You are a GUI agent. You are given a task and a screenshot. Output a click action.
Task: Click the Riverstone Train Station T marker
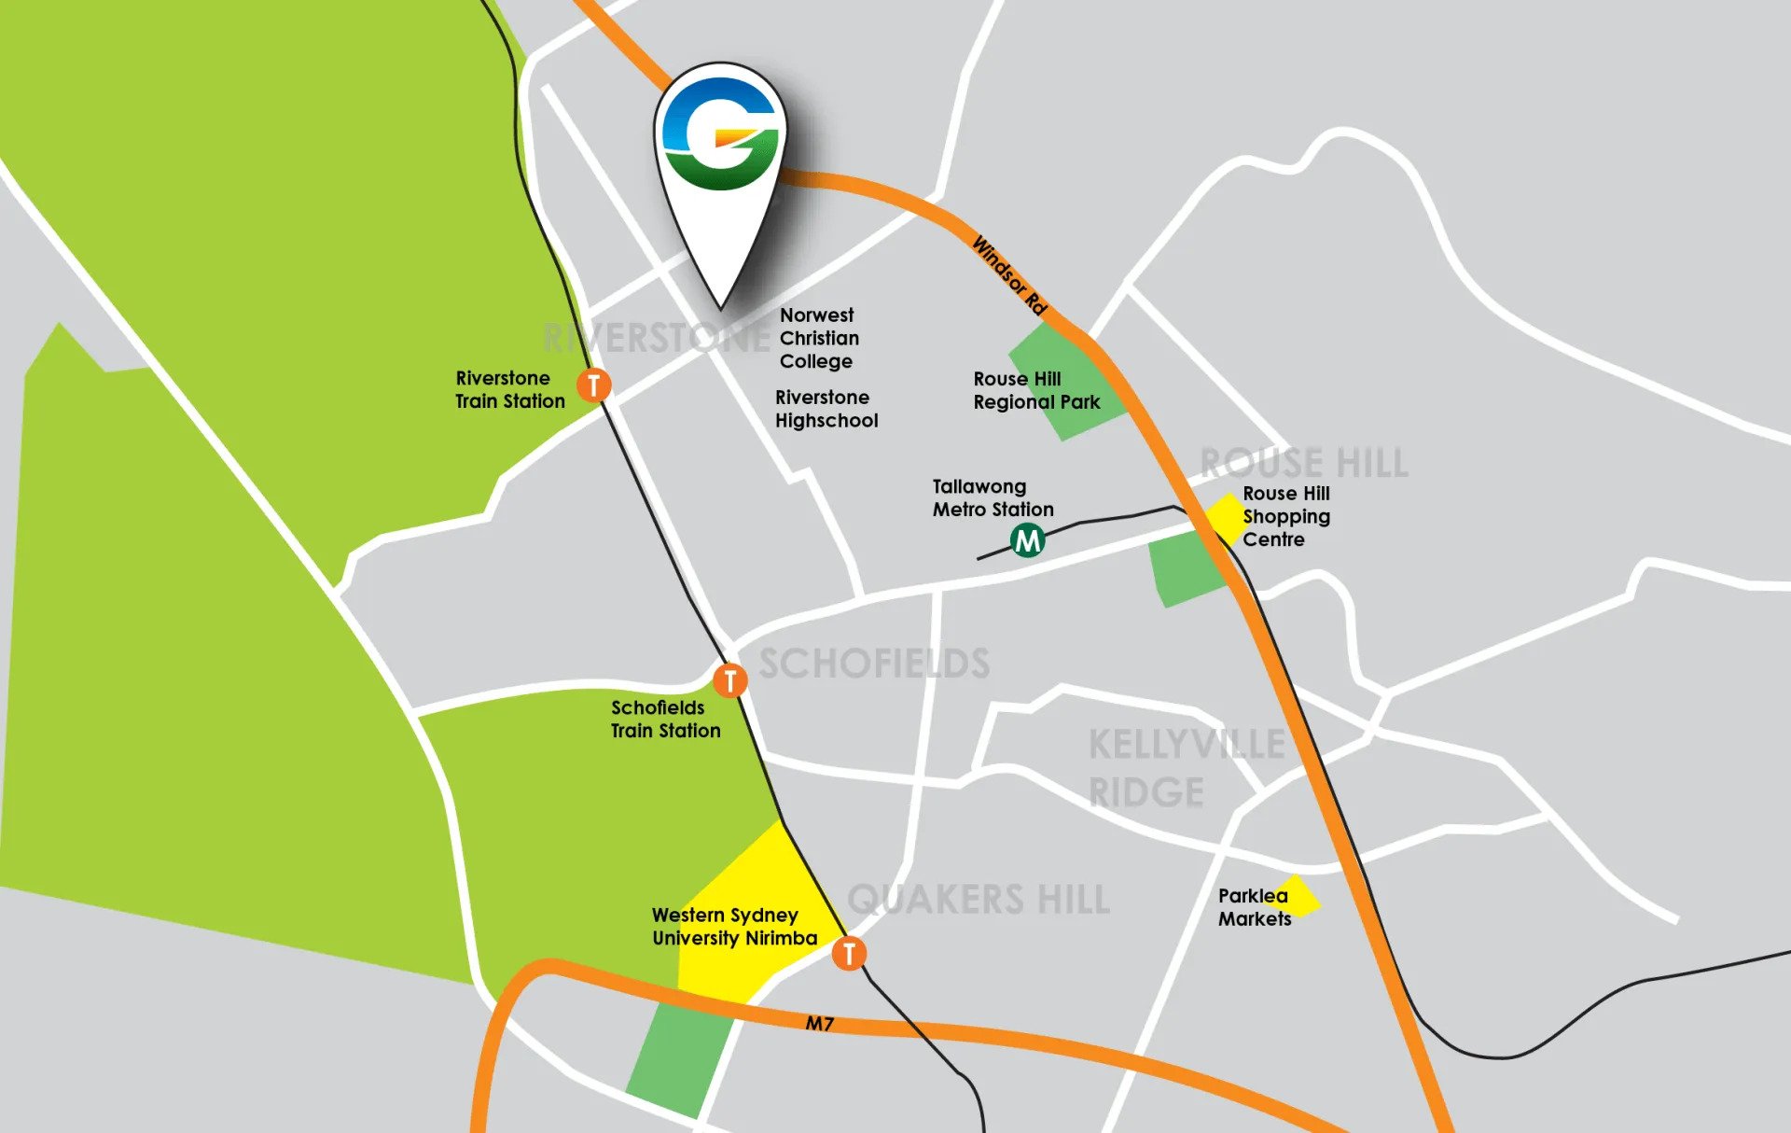click(593, 384)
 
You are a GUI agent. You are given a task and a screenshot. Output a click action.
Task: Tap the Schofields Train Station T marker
click(729, 680)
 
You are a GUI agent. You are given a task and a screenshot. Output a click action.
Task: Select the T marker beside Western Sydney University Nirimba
click(848, 953)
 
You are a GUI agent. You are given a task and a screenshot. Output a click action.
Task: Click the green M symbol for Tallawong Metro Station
click(1027, 539)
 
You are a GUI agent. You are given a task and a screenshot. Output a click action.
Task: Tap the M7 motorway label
click(819, 1024)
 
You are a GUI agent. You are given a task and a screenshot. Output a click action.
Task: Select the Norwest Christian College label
click(818, 338)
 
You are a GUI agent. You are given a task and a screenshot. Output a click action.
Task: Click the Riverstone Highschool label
click(826, 409)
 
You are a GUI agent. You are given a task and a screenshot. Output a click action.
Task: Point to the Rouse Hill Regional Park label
click(1035, 390)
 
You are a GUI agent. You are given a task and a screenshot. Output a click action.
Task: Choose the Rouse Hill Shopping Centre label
click(1285, 516)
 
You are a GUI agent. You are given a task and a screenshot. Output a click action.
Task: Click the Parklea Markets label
click(1254, 907)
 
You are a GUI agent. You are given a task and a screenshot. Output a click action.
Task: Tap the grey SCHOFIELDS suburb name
click(874, 664)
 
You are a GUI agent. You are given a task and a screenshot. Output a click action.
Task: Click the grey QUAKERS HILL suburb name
click(979, 900)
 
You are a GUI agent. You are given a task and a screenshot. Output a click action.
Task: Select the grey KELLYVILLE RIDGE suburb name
click(1185, 768)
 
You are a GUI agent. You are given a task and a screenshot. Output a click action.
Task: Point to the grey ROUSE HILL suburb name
click(1303, 463)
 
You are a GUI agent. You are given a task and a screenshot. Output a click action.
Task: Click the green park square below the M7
click(679, 1059)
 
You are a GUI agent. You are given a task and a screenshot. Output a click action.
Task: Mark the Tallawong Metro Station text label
click(993, 497)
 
